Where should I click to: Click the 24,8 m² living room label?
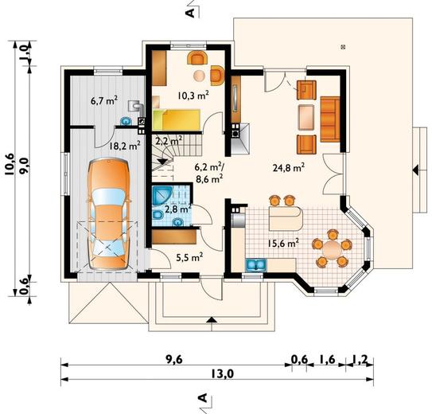289,167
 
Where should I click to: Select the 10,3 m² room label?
193,95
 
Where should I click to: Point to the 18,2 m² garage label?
125,145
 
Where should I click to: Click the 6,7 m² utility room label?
104,100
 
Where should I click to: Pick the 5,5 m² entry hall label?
189,257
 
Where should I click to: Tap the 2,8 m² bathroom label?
178,209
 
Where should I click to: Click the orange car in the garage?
109,213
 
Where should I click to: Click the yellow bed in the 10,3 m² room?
177,120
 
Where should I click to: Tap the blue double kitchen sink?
255,264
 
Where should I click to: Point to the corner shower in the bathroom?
162,195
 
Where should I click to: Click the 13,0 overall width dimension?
223,373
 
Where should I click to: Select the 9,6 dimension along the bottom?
174,359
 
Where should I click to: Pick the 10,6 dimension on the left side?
10,165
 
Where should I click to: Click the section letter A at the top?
190,13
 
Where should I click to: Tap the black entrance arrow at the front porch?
212,319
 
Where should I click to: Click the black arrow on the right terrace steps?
415,170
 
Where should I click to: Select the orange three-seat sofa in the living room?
330,119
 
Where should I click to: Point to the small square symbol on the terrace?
343,47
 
